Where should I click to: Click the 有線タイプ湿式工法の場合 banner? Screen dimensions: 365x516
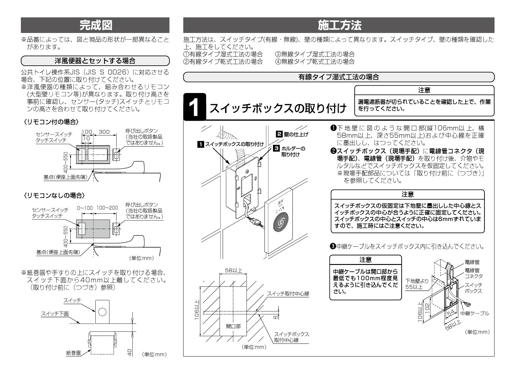pyautogui.click(x=339, y=77)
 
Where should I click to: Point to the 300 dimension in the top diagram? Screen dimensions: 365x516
pyautogui.click(x=104, y=132)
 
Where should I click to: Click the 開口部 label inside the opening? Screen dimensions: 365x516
pyautogui.click(x=233, y=326)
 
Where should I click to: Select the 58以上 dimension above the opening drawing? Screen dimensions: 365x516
pyautogui.click(x=233, y=271)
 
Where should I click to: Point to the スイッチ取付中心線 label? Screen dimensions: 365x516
pyautogui.click(x=288, y=294)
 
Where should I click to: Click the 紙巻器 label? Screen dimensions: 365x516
pyautogui.click(x=73, y=353)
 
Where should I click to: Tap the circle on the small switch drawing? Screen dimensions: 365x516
pyautogui.click(x=102, y=312)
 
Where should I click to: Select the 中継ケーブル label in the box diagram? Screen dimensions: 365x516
pyautogui.click(x=475, y=313)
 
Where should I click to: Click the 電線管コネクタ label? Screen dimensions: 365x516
pyautogui.click(x=473, y=273)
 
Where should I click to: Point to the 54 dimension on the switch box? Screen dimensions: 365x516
pyautogui.click(x=450, y=314)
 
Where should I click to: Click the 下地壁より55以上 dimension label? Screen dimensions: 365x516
pyautogui.click(x=417, y=284)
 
